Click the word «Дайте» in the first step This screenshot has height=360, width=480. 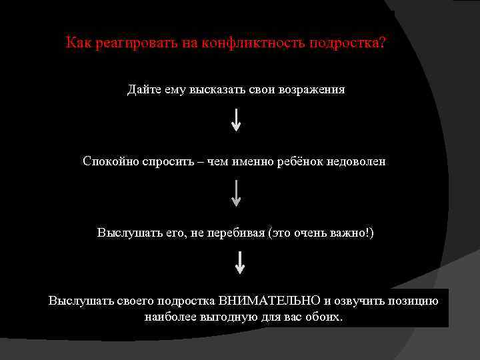pos(142,89)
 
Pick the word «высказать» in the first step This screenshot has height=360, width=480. pos(221,89)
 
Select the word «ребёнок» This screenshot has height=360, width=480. pos(299,161)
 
